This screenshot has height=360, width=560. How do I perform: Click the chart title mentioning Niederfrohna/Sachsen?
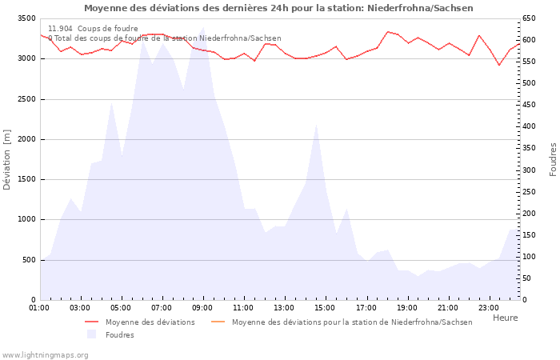click(x=278, y=8)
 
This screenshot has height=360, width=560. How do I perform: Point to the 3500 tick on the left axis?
click(x=26, y=18)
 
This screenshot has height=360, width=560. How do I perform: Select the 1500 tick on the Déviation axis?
click(x=26, y=179)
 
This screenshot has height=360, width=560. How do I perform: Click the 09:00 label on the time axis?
click(x=202, y=307)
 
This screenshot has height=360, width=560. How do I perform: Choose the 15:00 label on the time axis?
click(x=325, y=307)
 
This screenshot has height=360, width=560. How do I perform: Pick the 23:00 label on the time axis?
click(x=488, y=307)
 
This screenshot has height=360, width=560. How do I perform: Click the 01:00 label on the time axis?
click(x=39, y=307)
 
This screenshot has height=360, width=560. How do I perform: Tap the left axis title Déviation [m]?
click(x=7, y=159)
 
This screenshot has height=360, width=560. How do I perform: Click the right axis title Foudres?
click(x=553, y=159)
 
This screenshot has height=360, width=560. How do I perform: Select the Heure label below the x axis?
click(x=505, y=318)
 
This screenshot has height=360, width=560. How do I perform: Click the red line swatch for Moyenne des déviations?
click(x=91, y=322)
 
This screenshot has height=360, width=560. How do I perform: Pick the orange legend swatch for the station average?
click(x=218, y=322)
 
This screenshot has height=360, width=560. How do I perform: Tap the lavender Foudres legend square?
click(x=91, y=334)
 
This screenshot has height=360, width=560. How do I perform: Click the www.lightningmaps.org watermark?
click(x=46, y=354)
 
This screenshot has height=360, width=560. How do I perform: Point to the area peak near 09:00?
click(x=203, y=27)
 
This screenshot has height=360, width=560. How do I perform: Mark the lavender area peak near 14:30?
click(x=317, y=124)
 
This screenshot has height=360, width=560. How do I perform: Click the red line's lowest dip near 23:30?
click(x=499, y=65)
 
